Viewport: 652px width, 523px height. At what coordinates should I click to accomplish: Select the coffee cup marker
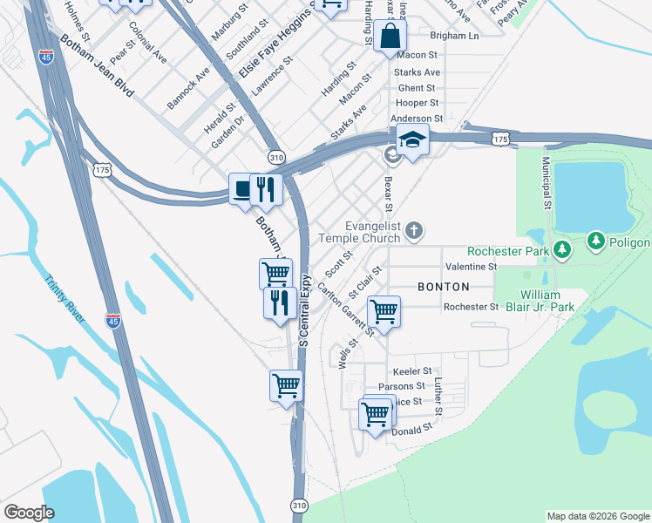click(243, 189)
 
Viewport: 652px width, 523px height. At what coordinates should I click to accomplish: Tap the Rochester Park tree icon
click(562, 250)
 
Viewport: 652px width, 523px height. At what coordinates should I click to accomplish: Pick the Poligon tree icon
click(596, 240)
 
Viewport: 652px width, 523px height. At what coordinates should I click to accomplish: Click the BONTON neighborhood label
click(443, 287)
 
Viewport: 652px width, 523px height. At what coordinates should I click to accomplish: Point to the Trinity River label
click(65, 299)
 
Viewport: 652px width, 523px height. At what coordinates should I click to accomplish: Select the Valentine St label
click(470, 266)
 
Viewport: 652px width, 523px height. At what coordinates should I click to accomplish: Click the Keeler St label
click(412, 371)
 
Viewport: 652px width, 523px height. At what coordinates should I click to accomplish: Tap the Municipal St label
click(546, 182)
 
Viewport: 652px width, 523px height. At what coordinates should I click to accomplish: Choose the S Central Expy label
click(305, 310)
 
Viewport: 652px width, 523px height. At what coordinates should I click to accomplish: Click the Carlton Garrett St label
click(346, 309)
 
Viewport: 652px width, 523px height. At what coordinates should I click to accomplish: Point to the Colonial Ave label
click(147, 43)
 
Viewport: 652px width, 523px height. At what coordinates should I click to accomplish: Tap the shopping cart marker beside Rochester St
click(384, 310)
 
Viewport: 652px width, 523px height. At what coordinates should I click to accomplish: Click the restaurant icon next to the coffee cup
click(267, 188)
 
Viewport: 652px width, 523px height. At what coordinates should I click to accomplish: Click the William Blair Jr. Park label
click(547, 301)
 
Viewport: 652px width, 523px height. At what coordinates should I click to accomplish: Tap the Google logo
click(29, 513)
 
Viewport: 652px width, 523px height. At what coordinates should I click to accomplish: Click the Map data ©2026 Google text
click(597, 516)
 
